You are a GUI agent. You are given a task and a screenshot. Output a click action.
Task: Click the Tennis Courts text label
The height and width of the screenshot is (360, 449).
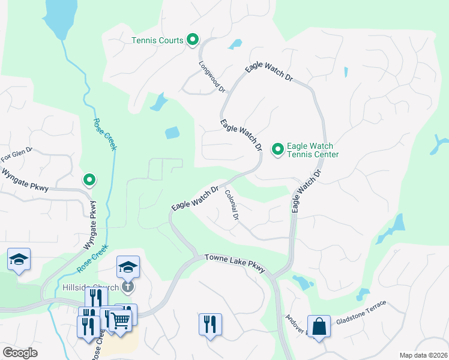pos(157,41)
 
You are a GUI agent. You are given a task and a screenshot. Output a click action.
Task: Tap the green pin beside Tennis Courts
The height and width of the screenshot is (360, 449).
pos(193,40)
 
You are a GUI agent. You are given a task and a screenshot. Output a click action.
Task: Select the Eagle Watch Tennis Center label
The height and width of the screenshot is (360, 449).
pos(313,150)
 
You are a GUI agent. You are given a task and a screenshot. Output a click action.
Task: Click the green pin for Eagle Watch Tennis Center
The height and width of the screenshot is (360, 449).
pos(278,148)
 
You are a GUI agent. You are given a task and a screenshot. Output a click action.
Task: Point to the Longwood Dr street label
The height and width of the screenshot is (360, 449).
pos(212,76)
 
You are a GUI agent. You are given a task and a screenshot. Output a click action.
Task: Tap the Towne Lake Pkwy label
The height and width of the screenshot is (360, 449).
pos(235,263)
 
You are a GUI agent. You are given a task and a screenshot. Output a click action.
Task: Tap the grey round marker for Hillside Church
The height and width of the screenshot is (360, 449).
pos(128,287)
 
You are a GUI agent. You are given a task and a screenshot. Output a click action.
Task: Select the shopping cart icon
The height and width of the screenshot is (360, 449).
pos(121,321)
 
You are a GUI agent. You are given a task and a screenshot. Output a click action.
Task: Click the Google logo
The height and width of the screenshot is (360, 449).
pos(20,352)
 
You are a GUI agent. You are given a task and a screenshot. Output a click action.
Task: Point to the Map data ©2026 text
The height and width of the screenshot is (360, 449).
pos(423,355)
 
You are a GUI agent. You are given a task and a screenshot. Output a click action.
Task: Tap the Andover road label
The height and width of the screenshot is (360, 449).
pos(297,325)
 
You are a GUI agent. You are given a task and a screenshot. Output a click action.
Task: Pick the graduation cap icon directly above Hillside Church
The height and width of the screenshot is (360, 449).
pos(128,266)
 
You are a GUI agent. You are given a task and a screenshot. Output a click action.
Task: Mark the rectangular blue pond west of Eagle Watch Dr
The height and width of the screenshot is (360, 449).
pos(172,133)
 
